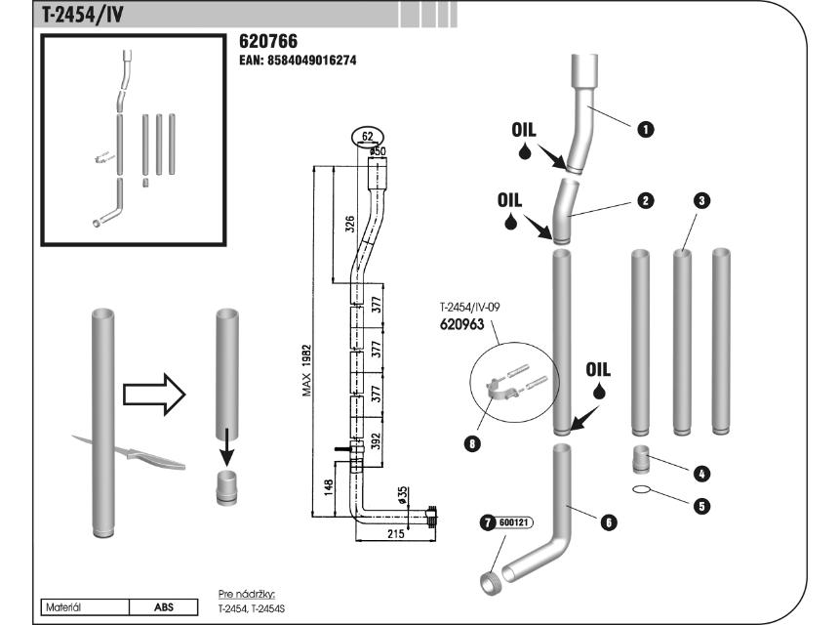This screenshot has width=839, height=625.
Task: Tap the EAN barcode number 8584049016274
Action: click(x=298, y=60)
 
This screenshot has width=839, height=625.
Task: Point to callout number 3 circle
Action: click(x=701, y=200)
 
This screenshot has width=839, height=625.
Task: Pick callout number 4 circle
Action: click(x=701, y=473)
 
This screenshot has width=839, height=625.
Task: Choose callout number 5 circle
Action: click(x=701, y=506)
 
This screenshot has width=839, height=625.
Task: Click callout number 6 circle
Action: click(x=608, y=522)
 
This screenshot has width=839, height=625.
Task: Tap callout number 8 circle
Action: click(x=473, y=442)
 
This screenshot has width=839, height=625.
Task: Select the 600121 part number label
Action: click(x=514, y=522)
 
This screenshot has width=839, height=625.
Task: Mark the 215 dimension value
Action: click(x=395, y=534)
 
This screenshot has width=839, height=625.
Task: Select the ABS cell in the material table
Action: click(x=164, y=606)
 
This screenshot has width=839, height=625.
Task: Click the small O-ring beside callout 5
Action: click(x=641, y=490)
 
